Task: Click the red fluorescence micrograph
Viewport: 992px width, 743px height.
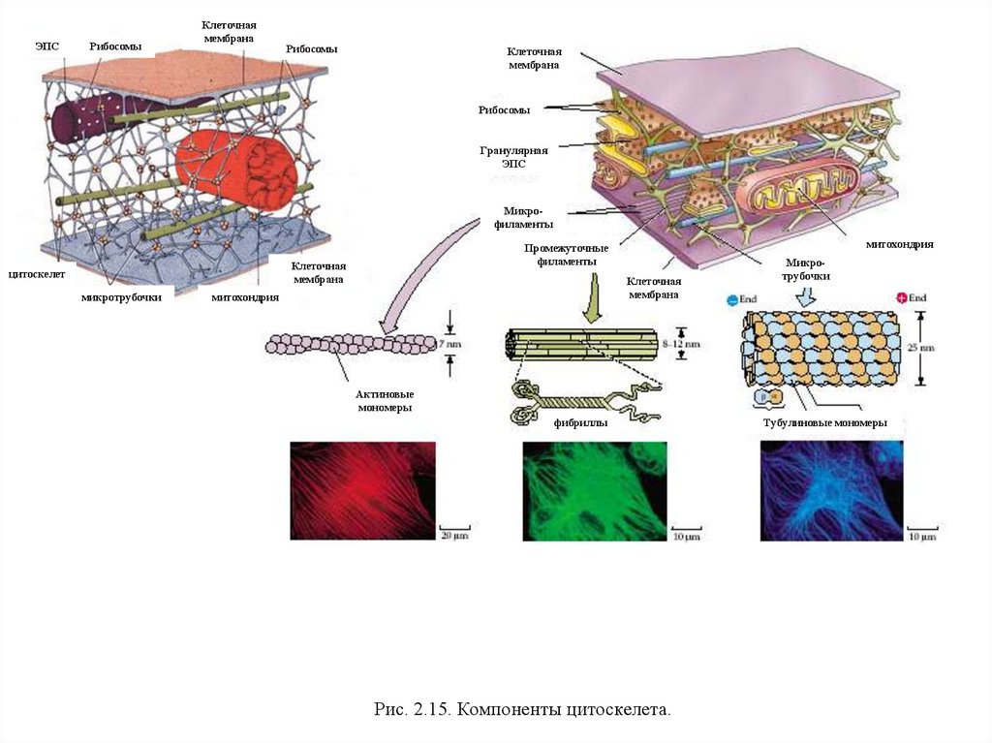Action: click(362, 490)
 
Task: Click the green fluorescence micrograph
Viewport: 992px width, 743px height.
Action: click(594, 490)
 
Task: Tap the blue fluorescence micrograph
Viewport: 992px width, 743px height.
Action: click(831, 490)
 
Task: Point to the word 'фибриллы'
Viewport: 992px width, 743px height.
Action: click(580, 422)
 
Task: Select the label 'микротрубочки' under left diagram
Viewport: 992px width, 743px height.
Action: click(121, 297)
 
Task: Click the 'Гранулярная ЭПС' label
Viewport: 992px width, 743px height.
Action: click(513, 157)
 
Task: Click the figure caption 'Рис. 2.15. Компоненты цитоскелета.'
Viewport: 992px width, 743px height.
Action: click(522, 710)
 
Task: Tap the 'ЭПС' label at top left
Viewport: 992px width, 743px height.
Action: click(47, 46)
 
